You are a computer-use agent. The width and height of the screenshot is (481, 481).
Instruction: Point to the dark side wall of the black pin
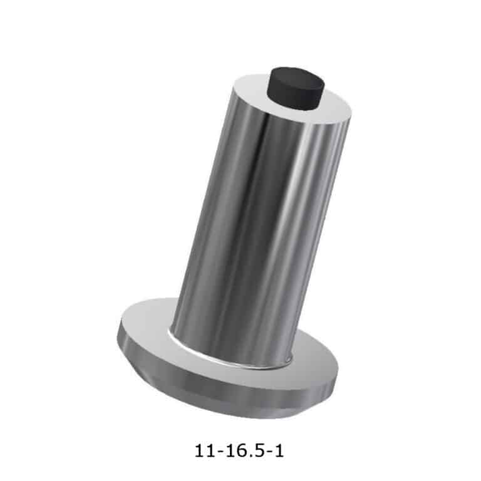[294, 98]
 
